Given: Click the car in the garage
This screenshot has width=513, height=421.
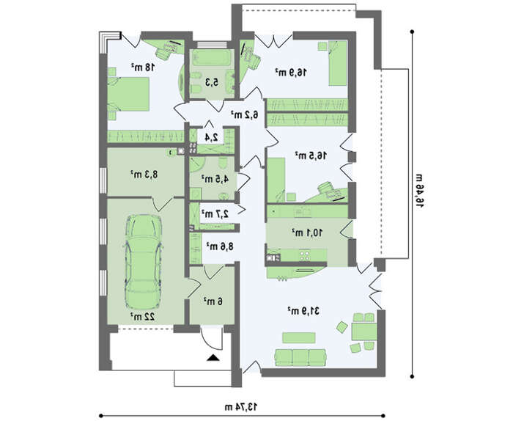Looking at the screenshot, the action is pyautogui.click(x=143, y=262).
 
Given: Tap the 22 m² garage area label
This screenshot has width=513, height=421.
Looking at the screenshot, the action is pyautogui.click(x=143, y=317).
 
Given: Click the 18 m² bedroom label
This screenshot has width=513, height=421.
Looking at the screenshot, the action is pyautogui.click(x=143, y=67).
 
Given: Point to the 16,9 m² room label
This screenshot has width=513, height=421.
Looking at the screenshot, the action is pyautogui.click(x=291, y=72).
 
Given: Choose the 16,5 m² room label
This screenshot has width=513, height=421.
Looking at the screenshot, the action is pyautogui.click(x=311, y=155).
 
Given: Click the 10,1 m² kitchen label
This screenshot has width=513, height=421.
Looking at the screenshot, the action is pyautogui.click(x=307, y=233).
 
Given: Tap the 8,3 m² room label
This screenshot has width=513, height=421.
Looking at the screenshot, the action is pyautogui.click(x=144, y=174).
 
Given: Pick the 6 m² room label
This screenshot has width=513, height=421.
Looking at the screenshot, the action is pyautogui.click(x=213, y=301).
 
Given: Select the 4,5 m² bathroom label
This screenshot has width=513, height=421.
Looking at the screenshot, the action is pyautogui.click(x=215, y=179).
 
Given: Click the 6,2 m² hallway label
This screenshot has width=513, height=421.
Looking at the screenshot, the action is pyautogui.click(x=245, y=114).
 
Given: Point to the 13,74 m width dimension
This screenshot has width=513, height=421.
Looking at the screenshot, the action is pyautogui.click(x=241, y=407).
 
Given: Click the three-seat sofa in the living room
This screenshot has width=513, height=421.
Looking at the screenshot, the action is pyautogui.click(x=300, y=357).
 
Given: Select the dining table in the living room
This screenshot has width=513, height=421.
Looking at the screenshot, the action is pyautogui.click(x=363, y=332).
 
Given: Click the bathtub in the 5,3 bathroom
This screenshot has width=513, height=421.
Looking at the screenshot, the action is pyautogui.click(x=212, y=58).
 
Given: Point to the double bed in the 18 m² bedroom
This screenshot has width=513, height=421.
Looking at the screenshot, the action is pyautogui.click(x=128, y=94).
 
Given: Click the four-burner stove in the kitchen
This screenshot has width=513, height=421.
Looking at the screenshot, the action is pyautogui.click(x=305, y=255).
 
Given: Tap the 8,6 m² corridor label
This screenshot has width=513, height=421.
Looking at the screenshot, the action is pyautogui.click(x=220, y=246).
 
